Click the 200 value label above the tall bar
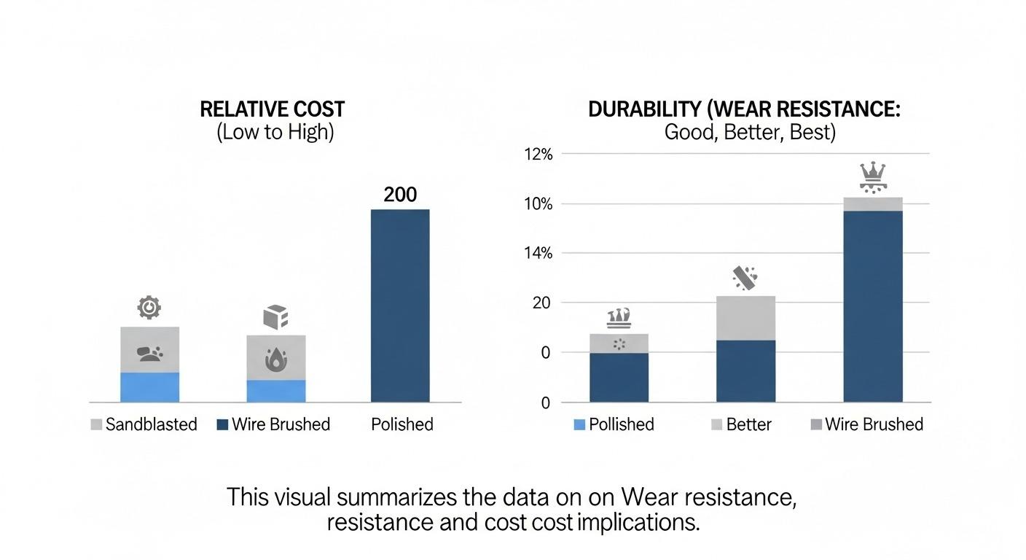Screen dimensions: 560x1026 (x=400, y=195)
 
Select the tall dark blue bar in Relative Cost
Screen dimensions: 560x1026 (x=400, y=306)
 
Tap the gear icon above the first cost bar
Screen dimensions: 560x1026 (x=149, y=308)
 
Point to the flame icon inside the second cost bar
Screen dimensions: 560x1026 (x=275, y=359)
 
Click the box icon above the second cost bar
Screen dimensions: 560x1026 (x=275, y=317)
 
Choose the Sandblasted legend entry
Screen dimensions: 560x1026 (x=144, y=424)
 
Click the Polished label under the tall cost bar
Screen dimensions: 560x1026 (x=402, y=424)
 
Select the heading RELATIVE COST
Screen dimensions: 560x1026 (x=272, y=109)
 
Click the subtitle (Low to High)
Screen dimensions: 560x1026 (x=275, y=133)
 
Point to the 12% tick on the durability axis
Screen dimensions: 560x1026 (x=539, y=154)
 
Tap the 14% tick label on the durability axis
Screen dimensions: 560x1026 (x=539, y=253)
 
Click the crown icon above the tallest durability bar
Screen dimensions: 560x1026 (x=872, y=176)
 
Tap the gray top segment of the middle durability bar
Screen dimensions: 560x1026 (x=745, y=318)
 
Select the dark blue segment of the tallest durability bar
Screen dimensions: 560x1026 (x=873, y=306)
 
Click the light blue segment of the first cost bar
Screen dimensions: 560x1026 (x=149, y=387)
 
